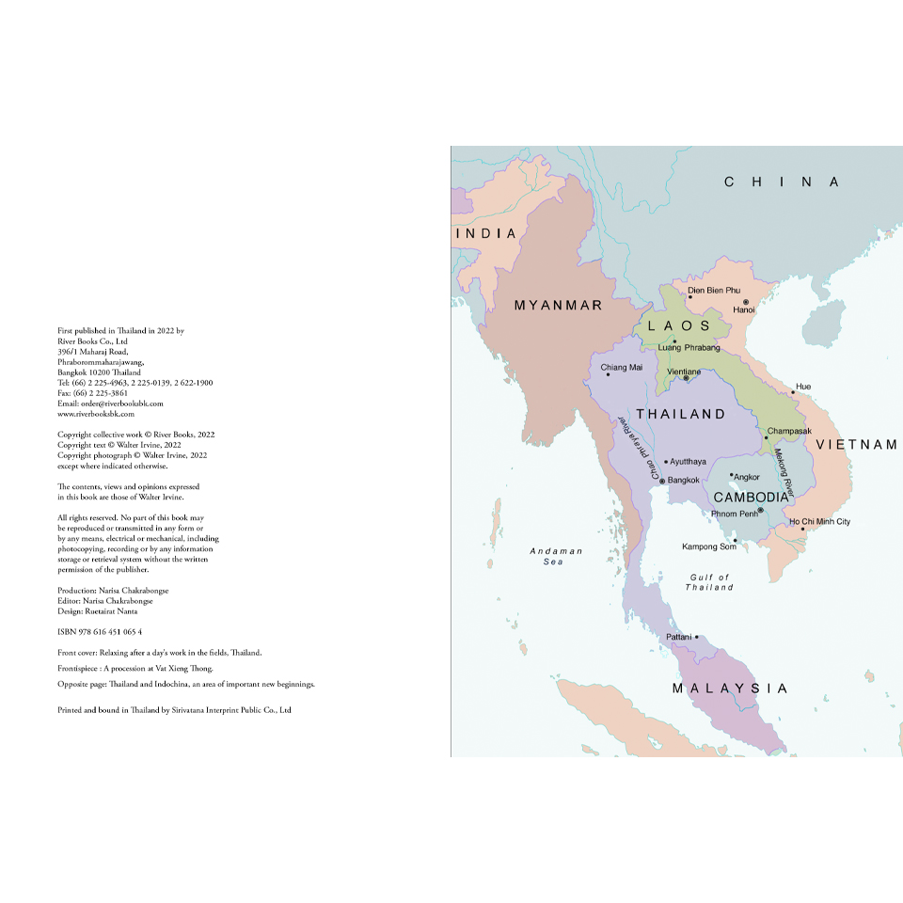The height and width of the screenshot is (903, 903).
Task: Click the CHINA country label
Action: coord(781,182)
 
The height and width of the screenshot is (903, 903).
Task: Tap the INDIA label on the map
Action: coord(486,233)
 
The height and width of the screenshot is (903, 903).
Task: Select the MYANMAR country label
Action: coord(558,306)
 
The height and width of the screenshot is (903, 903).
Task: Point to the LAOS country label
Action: coord(679,325)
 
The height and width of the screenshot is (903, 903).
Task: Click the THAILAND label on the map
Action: coord(680,414)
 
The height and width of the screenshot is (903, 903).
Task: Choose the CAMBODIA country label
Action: coord(751,497)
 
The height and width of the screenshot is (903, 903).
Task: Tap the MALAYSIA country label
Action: coord(730,689)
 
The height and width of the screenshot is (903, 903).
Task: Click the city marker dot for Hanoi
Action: coord(745,302)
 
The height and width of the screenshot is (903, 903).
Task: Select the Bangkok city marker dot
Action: coord(662,481)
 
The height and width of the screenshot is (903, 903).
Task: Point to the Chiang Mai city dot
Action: coord(608,374)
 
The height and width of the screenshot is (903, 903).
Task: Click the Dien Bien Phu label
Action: coord(714,291)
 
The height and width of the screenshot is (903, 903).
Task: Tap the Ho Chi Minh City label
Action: coord(819,521)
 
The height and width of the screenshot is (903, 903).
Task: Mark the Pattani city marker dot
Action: coord(697,637)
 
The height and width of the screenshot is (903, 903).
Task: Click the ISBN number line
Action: coord(100,631)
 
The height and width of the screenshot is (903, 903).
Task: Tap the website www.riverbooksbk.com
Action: coord(96,413)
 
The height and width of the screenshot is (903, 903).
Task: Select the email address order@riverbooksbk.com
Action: coord(110,404)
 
